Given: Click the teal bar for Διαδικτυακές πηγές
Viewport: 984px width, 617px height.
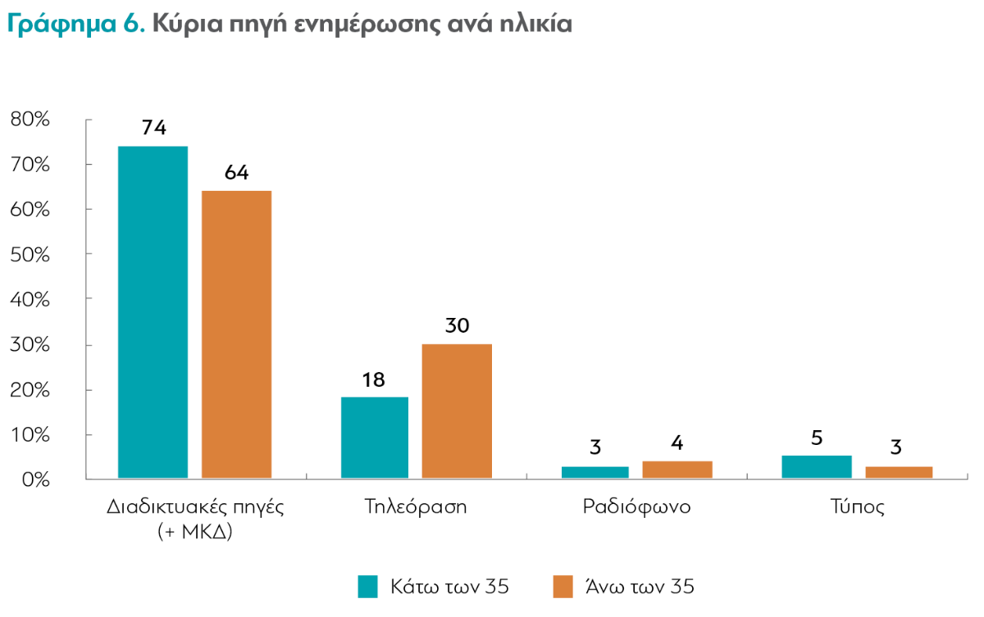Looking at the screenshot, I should coord(153,311).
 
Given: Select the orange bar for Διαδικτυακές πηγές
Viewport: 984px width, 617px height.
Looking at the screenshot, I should coord(236,333).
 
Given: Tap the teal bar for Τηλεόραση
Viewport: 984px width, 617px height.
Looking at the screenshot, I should coord(374,437).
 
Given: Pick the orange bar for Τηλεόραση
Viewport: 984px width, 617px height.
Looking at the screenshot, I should coord(457,411).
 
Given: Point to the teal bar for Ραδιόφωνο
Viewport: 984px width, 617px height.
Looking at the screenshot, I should coord(595,472).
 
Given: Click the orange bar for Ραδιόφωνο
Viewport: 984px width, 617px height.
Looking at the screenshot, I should coord(677,470).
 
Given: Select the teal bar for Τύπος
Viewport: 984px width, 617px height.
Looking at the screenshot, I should coord(817,467).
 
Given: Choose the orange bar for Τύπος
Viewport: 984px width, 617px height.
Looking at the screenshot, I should coord(898,472).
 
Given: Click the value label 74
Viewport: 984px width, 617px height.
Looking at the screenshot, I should coord(153,128).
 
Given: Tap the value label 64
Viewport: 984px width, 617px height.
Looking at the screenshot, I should coord(236,173).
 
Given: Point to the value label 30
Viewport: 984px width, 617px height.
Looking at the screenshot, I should coord(457,325).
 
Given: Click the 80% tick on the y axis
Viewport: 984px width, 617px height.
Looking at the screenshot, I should coord(30,120).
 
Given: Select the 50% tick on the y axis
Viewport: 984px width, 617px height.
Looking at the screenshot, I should coord(30,255).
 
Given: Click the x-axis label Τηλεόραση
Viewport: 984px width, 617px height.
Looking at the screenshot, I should coord(416,506).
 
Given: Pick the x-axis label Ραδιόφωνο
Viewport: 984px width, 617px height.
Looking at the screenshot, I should coord(636,506).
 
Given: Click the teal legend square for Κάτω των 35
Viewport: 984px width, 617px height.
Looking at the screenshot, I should coord(368,587).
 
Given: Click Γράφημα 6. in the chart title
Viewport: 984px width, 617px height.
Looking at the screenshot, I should coord(76,24).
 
